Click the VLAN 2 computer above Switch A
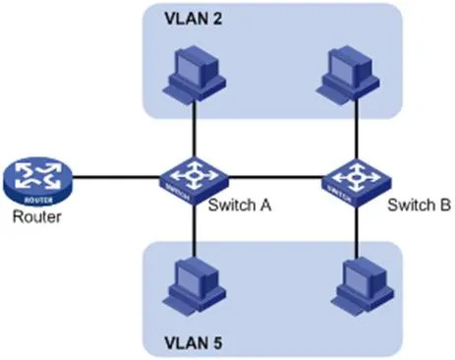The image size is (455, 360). (x=194, y=73)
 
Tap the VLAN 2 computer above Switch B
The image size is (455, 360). (x=352, y=73)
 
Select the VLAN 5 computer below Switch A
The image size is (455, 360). (x=194, y=282)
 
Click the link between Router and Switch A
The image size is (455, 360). (x=116, y=179)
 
